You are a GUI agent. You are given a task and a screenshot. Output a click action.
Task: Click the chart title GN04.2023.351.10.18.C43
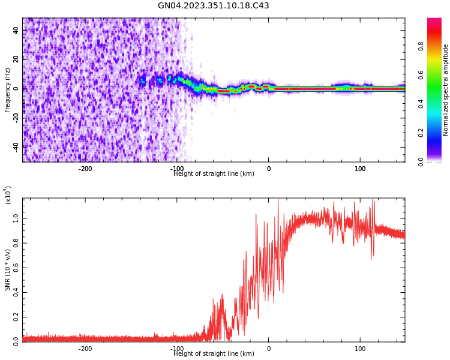(214, 6)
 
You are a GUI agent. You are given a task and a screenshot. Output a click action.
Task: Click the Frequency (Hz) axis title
(8, 90)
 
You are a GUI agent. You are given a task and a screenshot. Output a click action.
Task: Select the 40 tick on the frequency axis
(16, 31)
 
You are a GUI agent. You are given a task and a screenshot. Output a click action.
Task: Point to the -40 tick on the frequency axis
(16, 146)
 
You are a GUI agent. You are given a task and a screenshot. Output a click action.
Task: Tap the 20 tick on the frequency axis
(16, 59)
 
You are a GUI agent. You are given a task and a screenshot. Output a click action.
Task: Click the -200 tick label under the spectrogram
(85, 169)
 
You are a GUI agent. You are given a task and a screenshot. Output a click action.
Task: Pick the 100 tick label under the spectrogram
(360, 169)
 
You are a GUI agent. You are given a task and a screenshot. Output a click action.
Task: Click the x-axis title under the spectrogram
(214, 174)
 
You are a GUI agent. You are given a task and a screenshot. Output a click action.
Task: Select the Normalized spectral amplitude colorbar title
(446, 90)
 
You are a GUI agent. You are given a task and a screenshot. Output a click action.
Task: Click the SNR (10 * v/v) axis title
(8, 270)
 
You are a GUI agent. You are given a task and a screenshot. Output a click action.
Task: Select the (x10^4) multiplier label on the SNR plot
(8, 195)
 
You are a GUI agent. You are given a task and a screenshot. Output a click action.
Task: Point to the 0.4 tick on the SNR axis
(16, 293)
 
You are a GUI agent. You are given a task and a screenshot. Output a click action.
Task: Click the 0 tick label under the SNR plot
(268, 349)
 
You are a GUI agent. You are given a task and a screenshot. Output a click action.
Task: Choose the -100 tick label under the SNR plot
(177, 349)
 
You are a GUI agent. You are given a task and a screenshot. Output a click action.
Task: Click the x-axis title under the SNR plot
(214, 354)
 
